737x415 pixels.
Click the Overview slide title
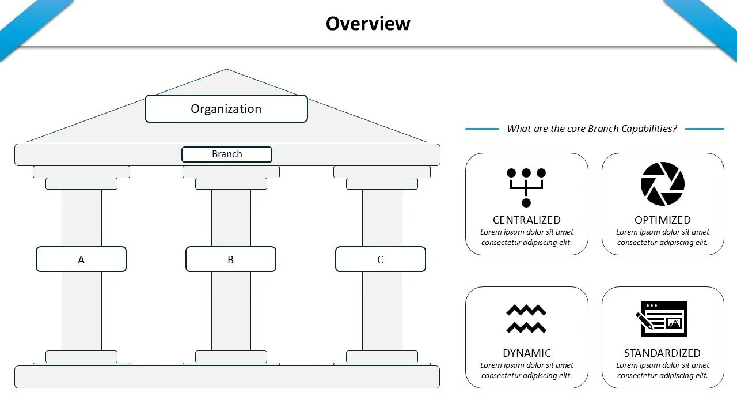point(368,24)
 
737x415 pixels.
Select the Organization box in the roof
point(226,109)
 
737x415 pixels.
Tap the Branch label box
point(227,154)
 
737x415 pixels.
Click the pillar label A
point(81,259)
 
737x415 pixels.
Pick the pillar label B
point(230,259)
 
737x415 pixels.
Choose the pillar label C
point(380,259)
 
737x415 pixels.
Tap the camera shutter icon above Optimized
point(662,184)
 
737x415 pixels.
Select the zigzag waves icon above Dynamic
point(526,319)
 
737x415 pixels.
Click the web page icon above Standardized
point(662,319)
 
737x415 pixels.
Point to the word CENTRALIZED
point(526,220)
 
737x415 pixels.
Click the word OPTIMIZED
point(662,220)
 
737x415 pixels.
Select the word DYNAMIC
point(526,353)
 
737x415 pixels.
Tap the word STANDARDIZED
point(662,353)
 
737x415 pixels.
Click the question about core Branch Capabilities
point(591,129)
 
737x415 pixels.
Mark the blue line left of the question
point(482,129)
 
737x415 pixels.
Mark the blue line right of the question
point(704,129)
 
